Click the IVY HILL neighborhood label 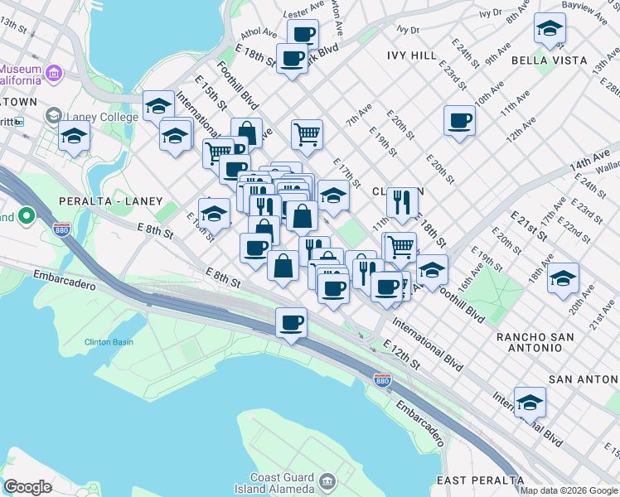pyautogui.click(x=412, y=55)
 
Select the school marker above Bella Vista pyautogui.click(x=550, y=30)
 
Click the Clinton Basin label pyautogui.click(x=109, y=341)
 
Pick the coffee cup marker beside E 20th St pyautogui.click(x=459, y=121)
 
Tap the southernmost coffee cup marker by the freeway pyautogui.click(x=291, y=322)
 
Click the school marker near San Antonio pyautogui.click(x=530, y=403)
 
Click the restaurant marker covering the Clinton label pyautogui.click(x=402, y=201)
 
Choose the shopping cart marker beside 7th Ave pyautogui.click(x=307, y=134)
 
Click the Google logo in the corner pyautogui.click(x=27, y=487)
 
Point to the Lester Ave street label pyautogui.click(x=302, y=14)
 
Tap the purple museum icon pyautogui.click(x=55, y=73)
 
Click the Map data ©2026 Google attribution pyautogui.click(x=569, y=490)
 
